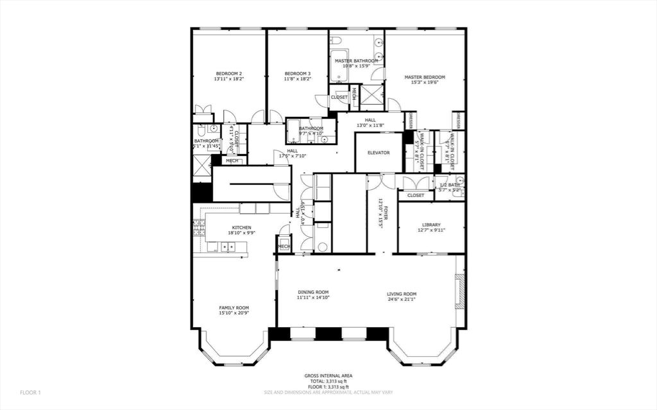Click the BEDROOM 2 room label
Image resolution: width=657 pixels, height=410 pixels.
tap(228, 74)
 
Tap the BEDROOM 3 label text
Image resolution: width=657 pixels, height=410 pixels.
tap(298, 74)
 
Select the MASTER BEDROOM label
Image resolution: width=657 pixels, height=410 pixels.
tap(424, 77)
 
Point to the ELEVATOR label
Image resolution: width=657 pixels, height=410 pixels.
tap(379, 153)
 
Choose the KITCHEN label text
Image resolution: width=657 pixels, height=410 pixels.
tap(241, 228)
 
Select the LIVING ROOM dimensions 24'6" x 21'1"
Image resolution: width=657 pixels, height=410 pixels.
tap(402, 299)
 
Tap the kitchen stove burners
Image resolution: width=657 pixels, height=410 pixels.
tap(199, 227)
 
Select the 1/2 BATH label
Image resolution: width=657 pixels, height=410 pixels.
tap(449, 185)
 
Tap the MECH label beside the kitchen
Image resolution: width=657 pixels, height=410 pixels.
tap(284, 246)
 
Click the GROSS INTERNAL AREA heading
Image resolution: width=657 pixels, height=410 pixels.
tap(328, 376)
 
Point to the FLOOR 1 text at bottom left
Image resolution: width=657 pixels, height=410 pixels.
tap(30, 392)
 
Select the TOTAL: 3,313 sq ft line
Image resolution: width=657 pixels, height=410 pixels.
tap(328, 382)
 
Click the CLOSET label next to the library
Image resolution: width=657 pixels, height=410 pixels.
tap(416, 195)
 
